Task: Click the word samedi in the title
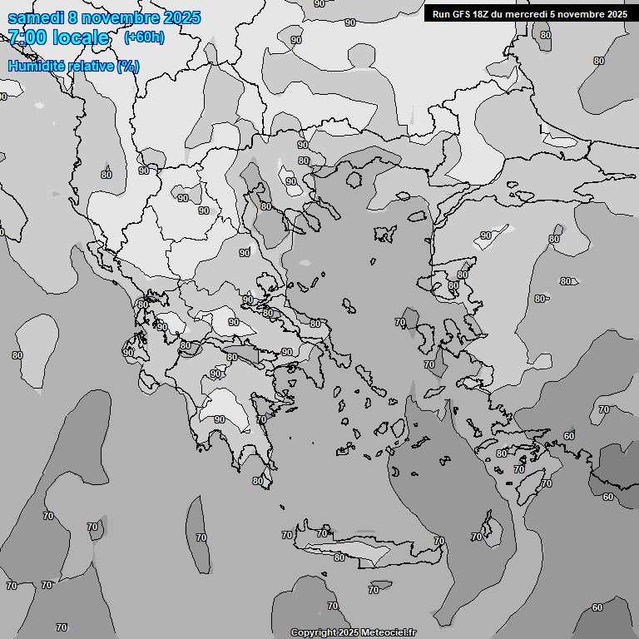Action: point(35,17)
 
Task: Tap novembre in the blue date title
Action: point(126,17)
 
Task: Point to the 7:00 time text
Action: point(27,37)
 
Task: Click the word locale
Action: point(81,37)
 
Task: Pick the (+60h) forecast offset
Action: point(144,37)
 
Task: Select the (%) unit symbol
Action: point(128,66)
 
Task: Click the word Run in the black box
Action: point(441,14)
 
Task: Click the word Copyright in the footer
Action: point(314,633)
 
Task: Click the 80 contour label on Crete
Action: point(339,557)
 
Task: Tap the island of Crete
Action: point(366,549)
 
